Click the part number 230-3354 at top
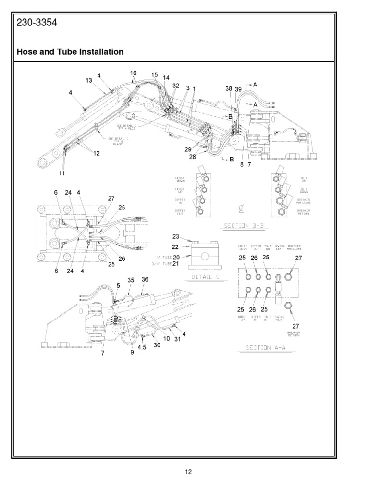(37, 23)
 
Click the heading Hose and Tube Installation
(71, 52)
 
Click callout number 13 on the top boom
(89, 81)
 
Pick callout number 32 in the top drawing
(175, 86)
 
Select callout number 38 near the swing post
(229, 89)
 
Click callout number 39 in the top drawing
(239, 89)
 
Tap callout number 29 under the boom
(188, 149)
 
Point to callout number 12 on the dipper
(97, 153)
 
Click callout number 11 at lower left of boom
(62, 172)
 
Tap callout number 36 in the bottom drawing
(145, 279)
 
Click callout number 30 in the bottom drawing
(157, 344)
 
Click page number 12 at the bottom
(189, 472)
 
